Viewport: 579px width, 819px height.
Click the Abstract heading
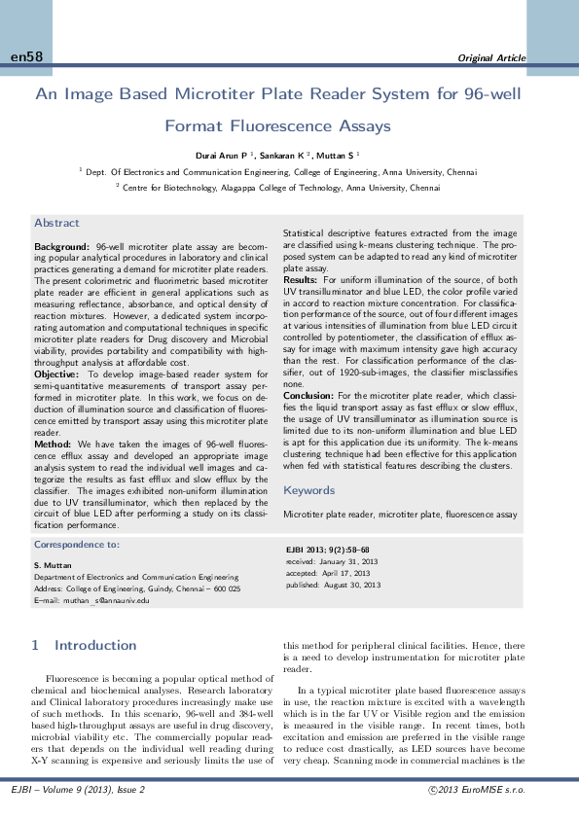pos(56,223)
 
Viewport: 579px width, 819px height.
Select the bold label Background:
pos(62,248)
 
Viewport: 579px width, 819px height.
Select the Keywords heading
pos(308,490)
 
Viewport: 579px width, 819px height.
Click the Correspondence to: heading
pos(77,546)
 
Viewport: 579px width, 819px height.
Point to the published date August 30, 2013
pos(347,585)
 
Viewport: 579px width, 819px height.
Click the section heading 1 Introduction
pos(84,645)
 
